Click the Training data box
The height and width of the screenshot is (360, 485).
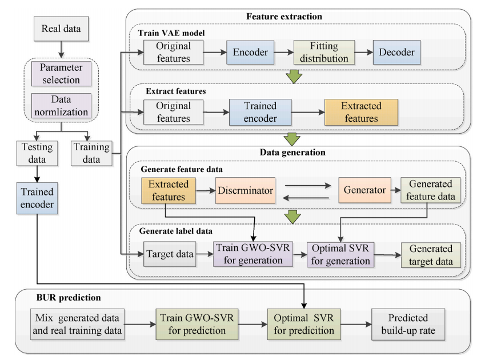[91, 153]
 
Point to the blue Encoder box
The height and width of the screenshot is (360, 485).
[250, 53]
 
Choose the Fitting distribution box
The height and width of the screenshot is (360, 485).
[324, 53]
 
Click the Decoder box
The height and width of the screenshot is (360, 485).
[397, 53]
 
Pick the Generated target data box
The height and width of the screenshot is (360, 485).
[430, 255]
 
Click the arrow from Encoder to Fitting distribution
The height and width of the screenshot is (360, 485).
[284, 53]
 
